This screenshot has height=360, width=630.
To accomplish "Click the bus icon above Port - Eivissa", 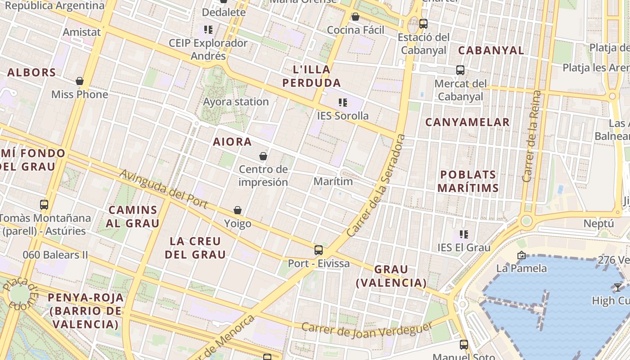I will coord(319,250).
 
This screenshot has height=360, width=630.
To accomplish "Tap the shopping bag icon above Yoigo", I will coord(238,210).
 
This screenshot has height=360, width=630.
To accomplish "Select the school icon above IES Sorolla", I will coord(343,103).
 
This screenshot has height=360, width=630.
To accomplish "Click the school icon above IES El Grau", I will coord(464,234).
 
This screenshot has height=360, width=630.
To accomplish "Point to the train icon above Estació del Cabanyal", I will coord(423,24).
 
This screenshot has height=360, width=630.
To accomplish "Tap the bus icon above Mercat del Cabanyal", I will coord(460,70).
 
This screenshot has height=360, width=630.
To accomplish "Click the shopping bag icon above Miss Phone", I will coord(80,81).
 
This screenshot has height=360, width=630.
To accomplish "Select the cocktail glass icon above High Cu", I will coord(617,287).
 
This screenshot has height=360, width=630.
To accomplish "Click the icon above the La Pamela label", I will coord(522,255).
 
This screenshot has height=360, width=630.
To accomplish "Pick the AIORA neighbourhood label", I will coord(232,142).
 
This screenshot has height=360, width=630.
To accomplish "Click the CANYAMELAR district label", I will coord(468,122).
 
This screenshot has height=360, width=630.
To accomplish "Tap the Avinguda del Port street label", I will coord(164,189).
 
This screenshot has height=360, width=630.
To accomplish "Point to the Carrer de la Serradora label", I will coord(377,185).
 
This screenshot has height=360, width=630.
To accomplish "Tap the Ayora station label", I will coord(236,102).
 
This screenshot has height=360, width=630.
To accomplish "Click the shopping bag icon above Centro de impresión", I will coord(263,156).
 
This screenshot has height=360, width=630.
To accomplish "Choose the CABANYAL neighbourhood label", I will coord(491,50).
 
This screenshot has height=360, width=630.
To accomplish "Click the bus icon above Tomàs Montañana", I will coord(44,205).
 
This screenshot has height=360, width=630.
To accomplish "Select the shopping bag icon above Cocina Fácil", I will coord(355,17).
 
